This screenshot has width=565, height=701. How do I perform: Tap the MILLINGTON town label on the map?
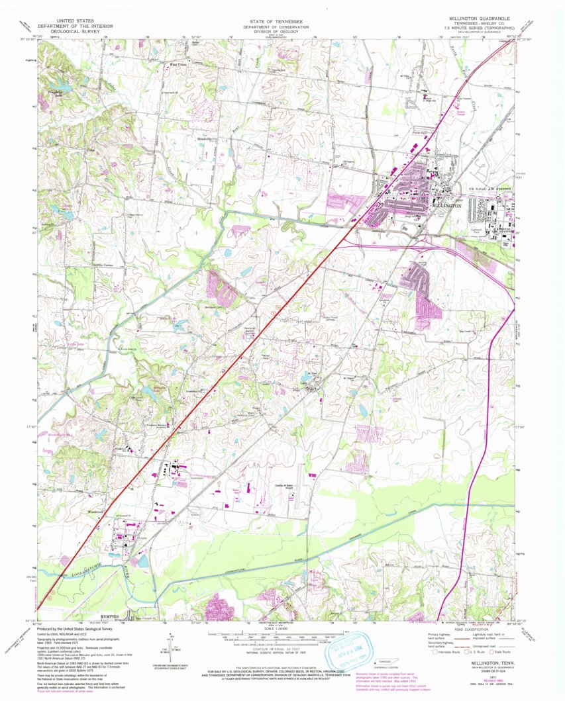point(445,206)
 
